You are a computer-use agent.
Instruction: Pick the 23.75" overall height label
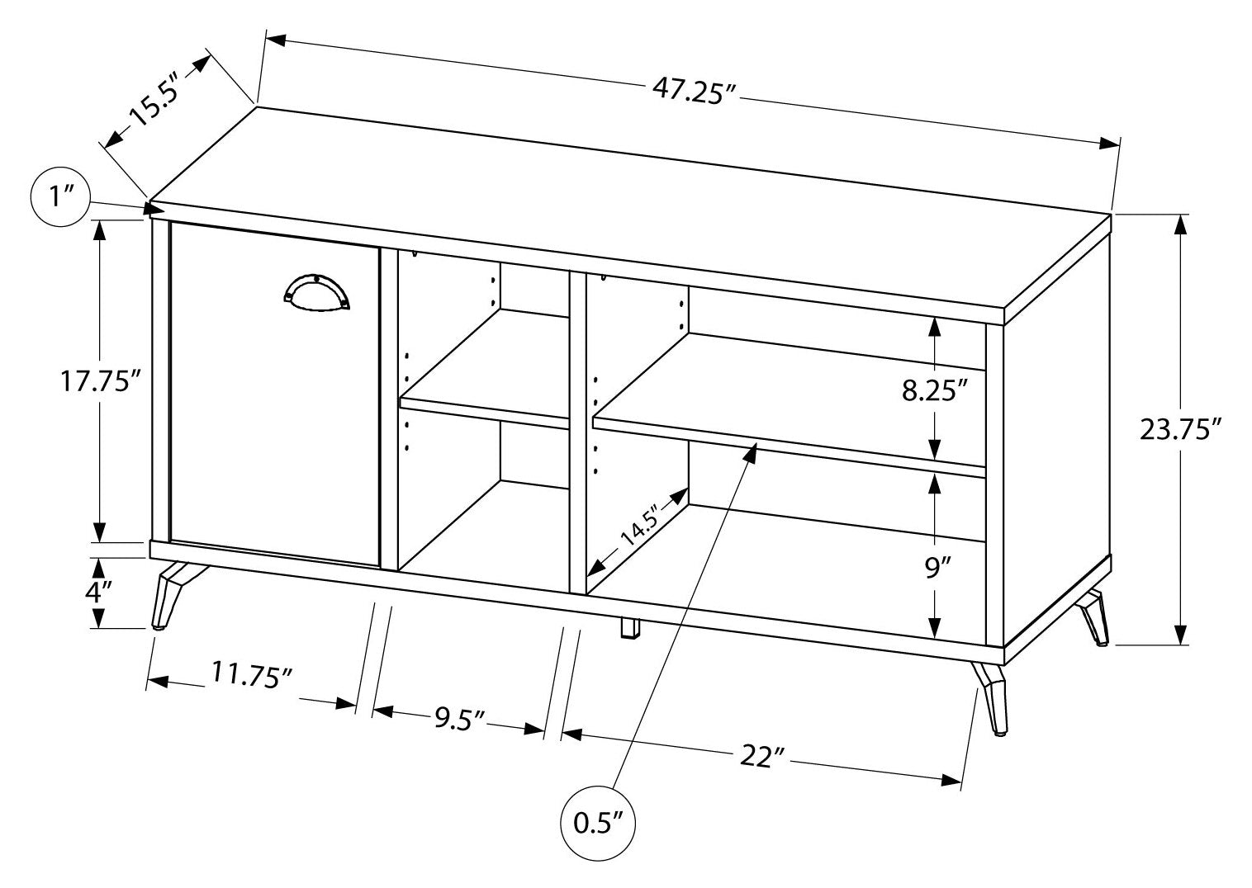[x=1179, y=429]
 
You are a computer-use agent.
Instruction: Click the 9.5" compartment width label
[x=459, y=720]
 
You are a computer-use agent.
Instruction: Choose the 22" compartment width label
[x=761, y=756]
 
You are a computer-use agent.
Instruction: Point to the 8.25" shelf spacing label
[x=934, y=390]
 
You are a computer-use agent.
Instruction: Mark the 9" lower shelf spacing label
[x=933, y=568]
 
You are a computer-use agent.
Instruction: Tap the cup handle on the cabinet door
[x=316, y=292]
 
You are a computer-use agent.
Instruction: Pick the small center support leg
[x=629, y=629]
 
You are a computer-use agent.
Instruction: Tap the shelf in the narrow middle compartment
[x=483, y=410]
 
